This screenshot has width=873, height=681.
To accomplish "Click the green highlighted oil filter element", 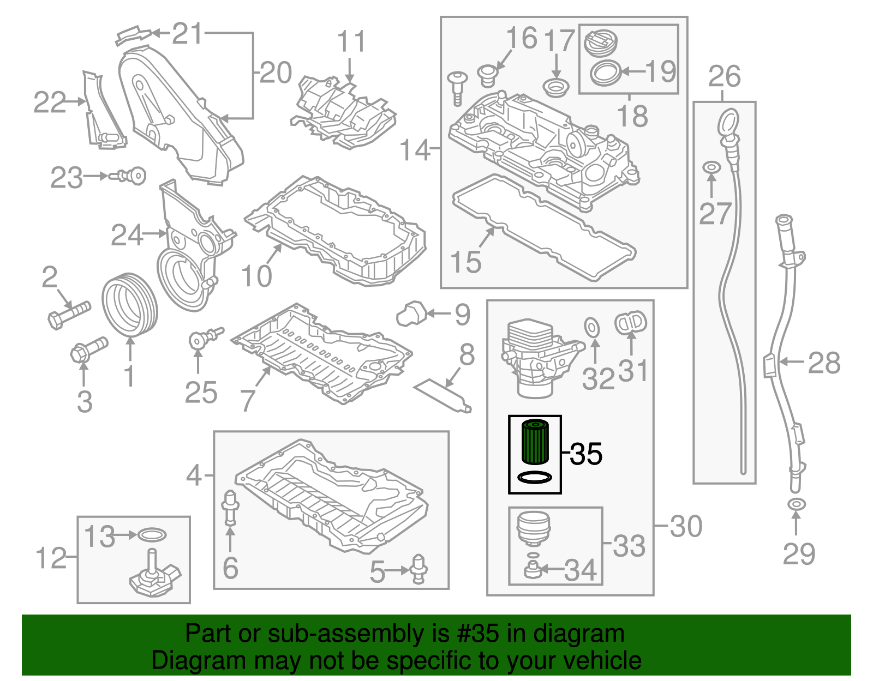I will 534,442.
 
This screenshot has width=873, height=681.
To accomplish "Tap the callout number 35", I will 587,454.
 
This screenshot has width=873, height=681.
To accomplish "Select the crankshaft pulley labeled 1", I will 129,305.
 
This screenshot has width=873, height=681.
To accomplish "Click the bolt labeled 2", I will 69,314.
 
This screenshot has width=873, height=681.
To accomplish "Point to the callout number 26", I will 724,76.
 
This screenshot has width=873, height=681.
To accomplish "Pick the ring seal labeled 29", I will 796,504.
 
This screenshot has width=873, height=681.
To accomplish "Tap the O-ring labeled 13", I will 152,535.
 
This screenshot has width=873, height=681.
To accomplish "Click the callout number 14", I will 414,149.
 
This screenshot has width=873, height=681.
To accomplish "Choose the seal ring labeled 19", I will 606,73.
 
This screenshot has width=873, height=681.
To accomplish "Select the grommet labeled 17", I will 556,87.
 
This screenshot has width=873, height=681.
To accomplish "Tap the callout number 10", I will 256,276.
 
